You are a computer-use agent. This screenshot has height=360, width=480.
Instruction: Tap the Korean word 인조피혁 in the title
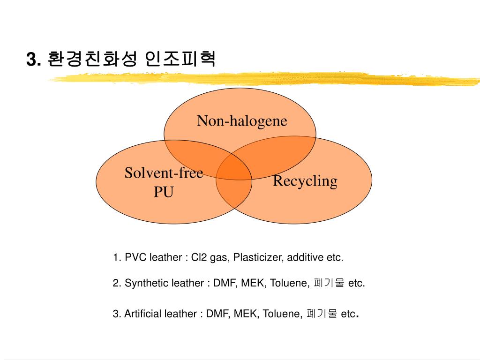tap(180, 59)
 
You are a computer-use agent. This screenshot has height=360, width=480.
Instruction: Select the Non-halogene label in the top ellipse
tap(241, 121)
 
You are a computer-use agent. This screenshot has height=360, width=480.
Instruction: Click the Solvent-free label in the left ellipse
tap(164, 173)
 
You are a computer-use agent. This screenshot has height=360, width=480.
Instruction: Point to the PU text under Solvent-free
tap(164, 192)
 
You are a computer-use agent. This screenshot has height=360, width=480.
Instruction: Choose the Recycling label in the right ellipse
tap(305, 181)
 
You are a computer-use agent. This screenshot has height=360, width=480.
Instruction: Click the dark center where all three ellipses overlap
tap(234, 168)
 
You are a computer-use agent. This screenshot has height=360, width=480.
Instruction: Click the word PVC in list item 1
tap(135, 258)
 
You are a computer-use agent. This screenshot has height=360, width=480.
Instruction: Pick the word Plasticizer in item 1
tap(258, 258)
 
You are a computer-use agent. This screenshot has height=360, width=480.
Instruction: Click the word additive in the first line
tap(305, 258)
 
